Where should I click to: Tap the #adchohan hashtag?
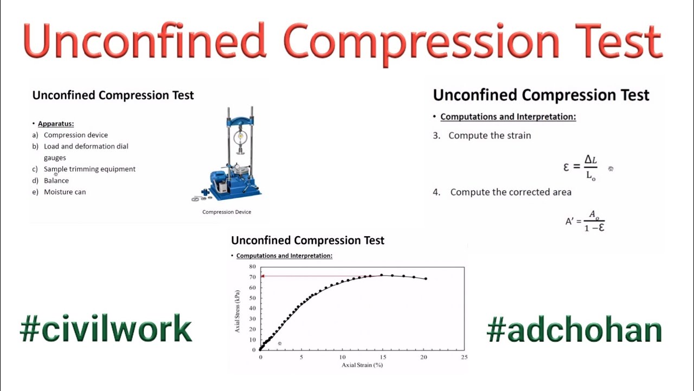[x=574, y=330]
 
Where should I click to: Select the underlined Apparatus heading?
[x=56, y=124]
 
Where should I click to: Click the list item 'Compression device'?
[x=76, y=135]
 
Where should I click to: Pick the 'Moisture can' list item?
[x=65, y=192]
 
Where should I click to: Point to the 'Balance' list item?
[x=56, y=181]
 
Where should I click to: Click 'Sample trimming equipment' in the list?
[x=89, y=169]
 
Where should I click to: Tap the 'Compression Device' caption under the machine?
[x=227, y=212]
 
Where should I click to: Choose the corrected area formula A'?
[x=585, y=222]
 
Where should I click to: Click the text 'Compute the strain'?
[x=490, y=136]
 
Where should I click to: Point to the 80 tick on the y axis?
[x=252, y=267]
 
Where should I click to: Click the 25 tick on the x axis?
[x=464, y=357]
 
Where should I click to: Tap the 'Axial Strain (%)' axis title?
[x=362, y=365]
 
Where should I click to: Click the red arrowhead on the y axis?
[x=263, y=276]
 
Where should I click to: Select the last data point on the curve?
[x=426, y=279]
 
